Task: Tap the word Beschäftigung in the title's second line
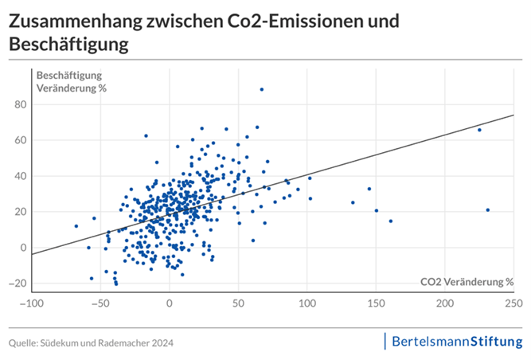click(x=68, y=45)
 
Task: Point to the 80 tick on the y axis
click(x=20, y=104)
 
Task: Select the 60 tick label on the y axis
click(x=20, y=140)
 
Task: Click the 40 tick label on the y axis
click(x=20, y=176)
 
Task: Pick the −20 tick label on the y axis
click(x=18, y=284)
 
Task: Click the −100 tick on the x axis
click(x=31, y=303)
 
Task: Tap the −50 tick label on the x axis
click(x=100, y=303)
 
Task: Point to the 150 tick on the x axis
click(x=376, y=303)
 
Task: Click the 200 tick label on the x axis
click(x=445, y=303)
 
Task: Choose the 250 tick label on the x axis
click(x=513, y=303)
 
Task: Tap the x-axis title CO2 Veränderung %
click(x=467, y=281)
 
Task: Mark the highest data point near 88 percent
click(x=261, y=89)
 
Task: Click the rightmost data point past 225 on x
click(x=487, y=210)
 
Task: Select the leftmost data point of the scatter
click(x=76, y=226)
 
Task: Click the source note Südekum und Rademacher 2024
click(x=91, y=342)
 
